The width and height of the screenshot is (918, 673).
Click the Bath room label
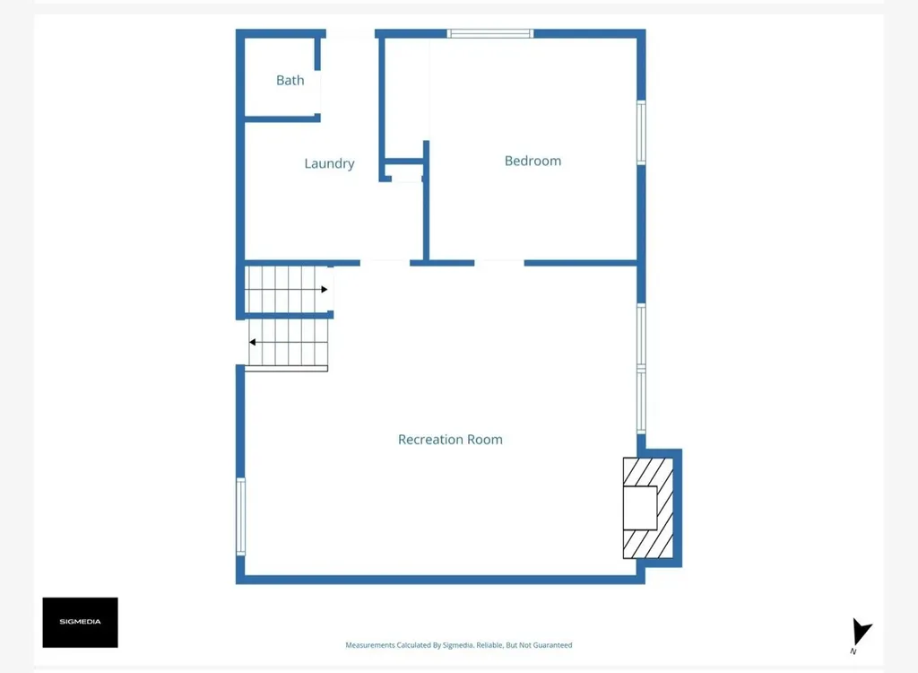tap(290, 81)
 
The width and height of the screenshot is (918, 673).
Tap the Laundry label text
tap(329, 163)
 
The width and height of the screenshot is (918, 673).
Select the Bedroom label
tap(533, 161)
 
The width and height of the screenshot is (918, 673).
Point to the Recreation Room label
tap(450, 440)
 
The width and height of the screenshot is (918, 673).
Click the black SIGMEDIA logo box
tap(80, 622)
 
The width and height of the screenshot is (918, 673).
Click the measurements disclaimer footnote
tap(458, 645)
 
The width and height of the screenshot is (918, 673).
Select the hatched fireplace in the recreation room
tap(648, 508)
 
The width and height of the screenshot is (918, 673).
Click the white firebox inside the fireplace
tap(640, 508)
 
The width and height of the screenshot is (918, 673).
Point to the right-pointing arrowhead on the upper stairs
tap(325, 289)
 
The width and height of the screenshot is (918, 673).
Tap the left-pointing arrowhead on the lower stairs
tap(252, 342)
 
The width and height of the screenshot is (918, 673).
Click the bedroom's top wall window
tap(490, 33)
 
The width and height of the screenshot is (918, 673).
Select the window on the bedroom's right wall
tap(641, 133)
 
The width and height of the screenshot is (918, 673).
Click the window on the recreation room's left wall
tap(240, 517)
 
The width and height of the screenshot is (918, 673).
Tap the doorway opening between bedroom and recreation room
tap(498, 263)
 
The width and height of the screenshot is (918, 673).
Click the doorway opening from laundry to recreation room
tap(385, 263)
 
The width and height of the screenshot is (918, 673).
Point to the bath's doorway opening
tap(318, 92)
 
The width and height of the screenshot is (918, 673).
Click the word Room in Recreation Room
tap(486, 440)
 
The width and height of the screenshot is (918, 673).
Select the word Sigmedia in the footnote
tap(457, 645)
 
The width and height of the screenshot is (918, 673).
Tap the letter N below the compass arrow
tap(853, 651)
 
